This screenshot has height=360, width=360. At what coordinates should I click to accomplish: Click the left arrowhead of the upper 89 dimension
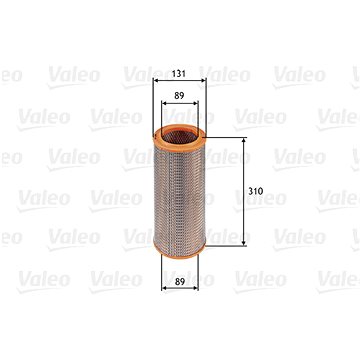[x=163, y=107]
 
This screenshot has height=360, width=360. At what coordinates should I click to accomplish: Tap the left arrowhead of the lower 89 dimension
[x=163, y=297]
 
